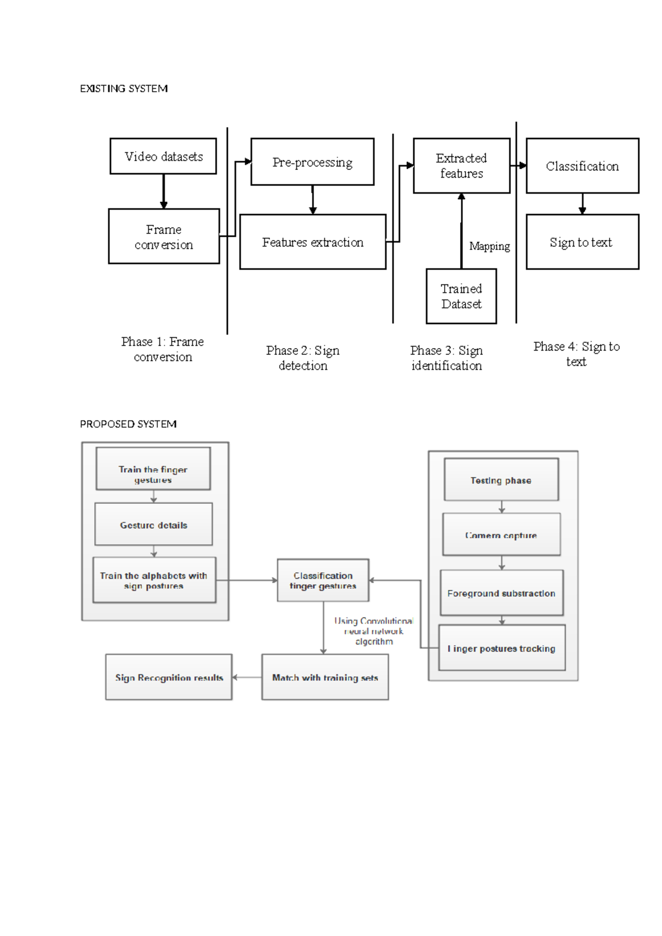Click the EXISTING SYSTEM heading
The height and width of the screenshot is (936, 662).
point(124,88)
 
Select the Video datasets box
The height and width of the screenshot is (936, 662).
point(163,156)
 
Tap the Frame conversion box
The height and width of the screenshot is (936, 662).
point(164,236)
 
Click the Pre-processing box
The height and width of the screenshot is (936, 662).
point(312,162)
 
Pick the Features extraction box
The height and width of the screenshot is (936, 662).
point(313,242)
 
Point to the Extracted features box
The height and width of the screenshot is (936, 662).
point(461,166)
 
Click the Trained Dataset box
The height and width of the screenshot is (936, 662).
point(461,296)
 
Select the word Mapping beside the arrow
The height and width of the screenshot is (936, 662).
point(489,246)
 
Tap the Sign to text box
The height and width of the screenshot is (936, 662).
point(582,242)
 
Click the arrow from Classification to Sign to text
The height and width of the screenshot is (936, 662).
point(582,204)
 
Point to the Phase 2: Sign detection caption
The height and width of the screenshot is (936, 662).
point(303,358)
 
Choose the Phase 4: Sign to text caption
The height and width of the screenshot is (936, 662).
point(576,354)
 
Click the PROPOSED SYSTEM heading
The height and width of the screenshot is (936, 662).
point(128,424)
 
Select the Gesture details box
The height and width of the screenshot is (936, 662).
point(153,524)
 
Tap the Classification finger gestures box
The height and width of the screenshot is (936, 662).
point(323,580)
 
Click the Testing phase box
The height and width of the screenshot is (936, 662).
point(501,480)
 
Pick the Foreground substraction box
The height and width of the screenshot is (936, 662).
point(501,593)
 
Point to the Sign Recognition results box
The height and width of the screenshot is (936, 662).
point(169,677)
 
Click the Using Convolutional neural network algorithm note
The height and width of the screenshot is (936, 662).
point(374,631)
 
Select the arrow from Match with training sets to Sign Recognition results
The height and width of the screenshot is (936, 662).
point(247,677)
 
